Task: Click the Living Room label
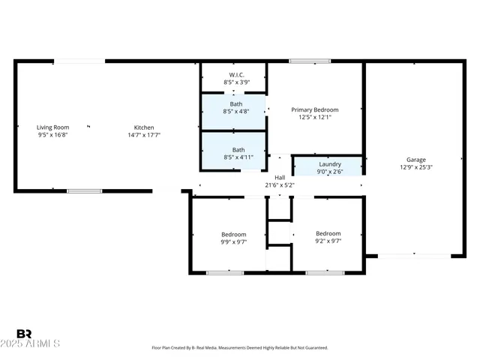pyautogui.click(x=52, y=127)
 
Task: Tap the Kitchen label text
pyautogui.click(x=144, y=127)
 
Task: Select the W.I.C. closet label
pyautogui.click(x=236, y=75)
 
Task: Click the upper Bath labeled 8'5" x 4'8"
pyautogui.click(x=236, y=103)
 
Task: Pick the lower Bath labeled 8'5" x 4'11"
pyautogui.click(x=238, y=150)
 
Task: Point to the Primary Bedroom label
pyautogui.click(x=315, y=110)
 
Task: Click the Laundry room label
pyautogui.click(x=330, y=164)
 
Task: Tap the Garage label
pyautogui.click(x=416, y=160)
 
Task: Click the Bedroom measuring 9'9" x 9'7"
pyautogui.click(x=233, y=234)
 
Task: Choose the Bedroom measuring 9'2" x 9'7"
pyautogui.click(x=328, y=234)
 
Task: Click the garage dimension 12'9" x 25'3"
pyautogui.click(x=416, y=167)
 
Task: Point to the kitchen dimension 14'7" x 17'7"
pyautogui.click(x=144, y=135)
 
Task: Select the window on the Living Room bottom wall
pyautogui.click(x=84, y=191)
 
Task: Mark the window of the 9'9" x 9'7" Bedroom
pyautogui.click(x=225, y=273)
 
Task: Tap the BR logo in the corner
pyautogui.click(x=24, y=334)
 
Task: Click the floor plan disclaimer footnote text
pyautogui.click(x=240, y=348)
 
